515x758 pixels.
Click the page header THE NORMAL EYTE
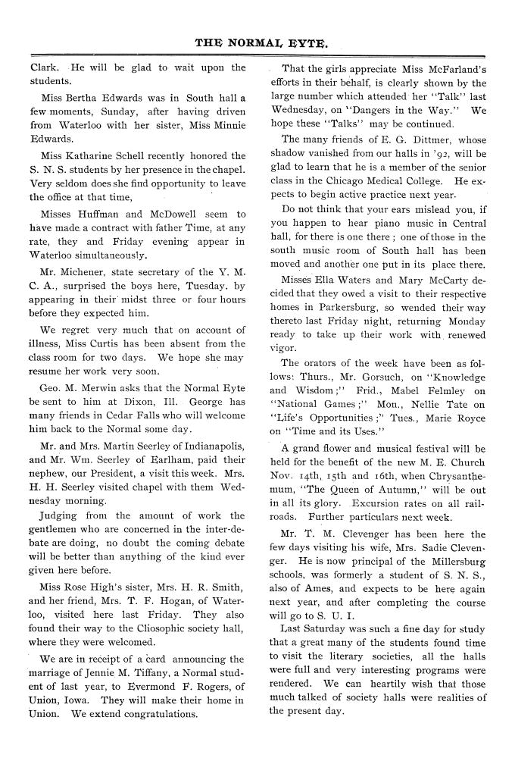pyautogui.click(x=261, y=43)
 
